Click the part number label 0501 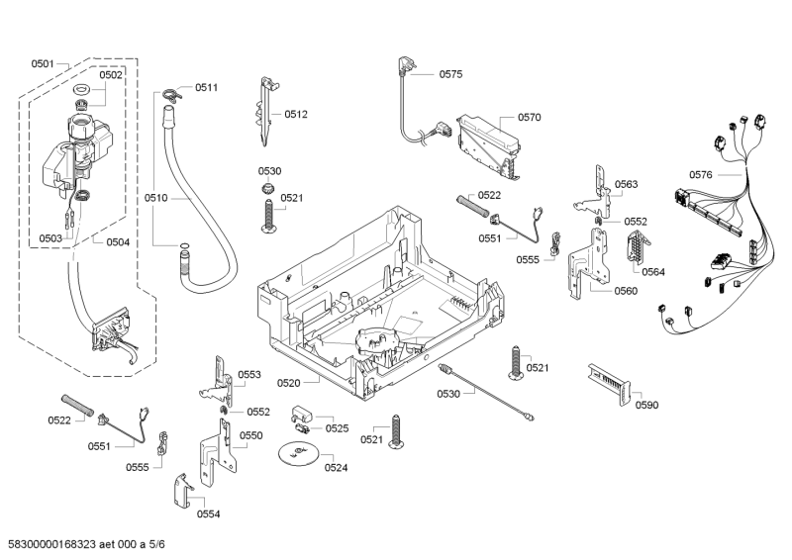click(x=42, y=63)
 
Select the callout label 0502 click(x=111, y=74)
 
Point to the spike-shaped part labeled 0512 click(x=264, y=111)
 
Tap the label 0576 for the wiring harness click(x=700, y=174)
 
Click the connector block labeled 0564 click(x=635, y=255)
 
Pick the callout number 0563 click(x=626, y=184)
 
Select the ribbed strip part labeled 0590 click(x=607, y=381)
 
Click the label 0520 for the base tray click(x=289, y=382)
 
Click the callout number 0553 click(x=249, y=374)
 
